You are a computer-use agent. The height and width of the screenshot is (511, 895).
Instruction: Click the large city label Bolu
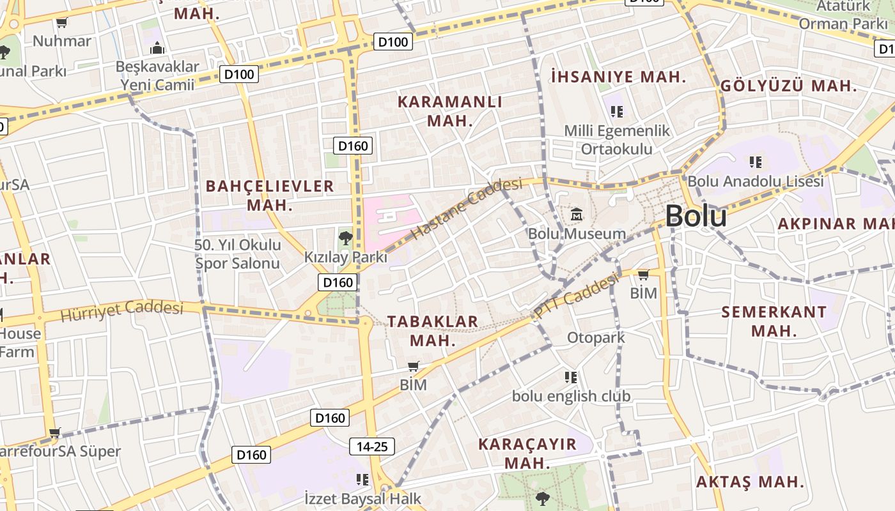696,217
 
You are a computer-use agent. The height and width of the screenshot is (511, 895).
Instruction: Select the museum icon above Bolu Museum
577,215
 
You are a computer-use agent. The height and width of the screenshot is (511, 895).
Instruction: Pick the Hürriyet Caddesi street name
121,311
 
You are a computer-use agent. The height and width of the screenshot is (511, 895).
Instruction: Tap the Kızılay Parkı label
345,257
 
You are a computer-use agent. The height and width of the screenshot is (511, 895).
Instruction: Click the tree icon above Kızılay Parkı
345,238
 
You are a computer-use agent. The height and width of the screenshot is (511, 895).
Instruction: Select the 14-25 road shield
372,446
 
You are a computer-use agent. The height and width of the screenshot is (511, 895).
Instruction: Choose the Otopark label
596,337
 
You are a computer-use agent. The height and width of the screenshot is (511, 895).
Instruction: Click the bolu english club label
571,396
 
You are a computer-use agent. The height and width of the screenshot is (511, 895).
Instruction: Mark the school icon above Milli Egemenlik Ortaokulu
617,112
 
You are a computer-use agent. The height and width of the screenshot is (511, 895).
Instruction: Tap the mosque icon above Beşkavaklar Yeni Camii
157,48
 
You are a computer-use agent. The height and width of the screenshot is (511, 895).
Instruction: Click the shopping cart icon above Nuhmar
62,24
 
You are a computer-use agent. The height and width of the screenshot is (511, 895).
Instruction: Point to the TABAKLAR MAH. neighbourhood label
433,330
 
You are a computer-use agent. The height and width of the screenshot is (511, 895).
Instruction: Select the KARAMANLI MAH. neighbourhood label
450,111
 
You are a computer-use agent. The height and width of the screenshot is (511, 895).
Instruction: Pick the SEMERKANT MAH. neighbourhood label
774,321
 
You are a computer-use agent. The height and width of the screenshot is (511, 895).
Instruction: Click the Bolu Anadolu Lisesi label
756,181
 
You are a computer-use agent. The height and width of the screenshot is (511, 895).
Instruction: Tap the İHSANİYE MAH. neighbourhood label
618,77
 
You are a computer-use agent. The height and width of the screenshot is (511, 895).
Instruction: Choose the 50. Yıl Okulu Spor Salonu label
238,254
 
